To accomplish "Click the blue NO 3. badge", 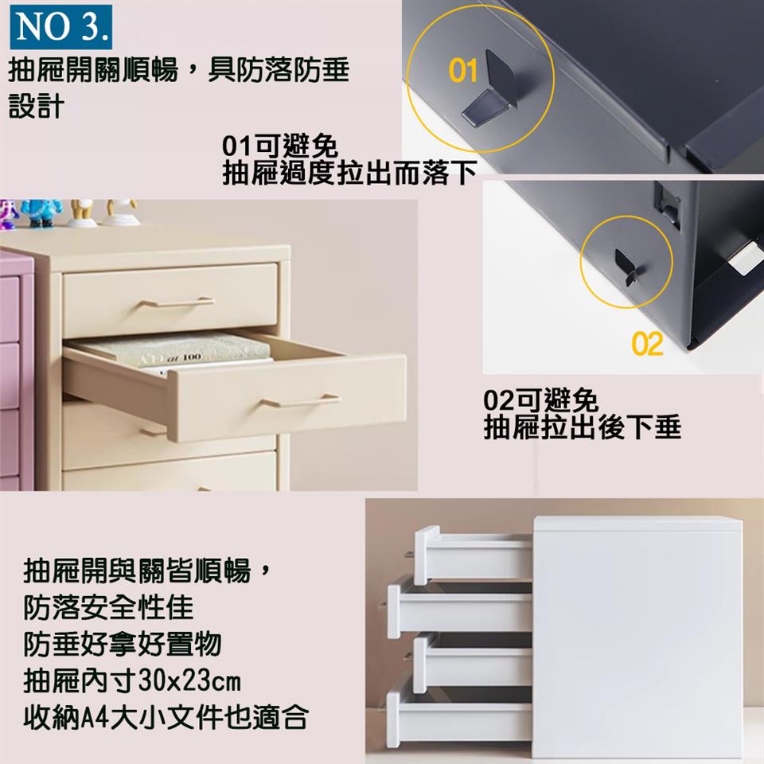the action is click(x=61, y=27).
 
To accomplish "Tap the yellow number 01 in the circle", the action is click(x=463, y=71).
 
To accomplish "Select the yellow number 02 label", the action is click(x=647, y=344).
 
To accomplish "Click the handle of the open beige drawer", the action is click(x=301, y=401).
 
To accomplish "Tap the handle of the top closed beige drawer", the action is click(x=177, y=302).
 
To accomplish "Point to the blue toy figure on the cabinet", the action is click(x=41, y=212).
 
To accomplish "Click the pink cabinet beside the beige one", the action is click(x=17, y=369).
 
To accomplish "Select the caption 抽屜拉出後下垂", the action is click(x=582, y=427).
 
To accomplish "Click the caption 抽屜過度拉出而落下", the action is click(x=349, y=173).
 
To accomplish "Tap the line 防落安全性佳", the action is click(x=108, y=607).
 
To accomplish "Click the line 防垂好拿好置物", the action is click(x=123, y=644).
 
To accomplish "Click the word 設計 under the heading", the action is click(x=37, y=106).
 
